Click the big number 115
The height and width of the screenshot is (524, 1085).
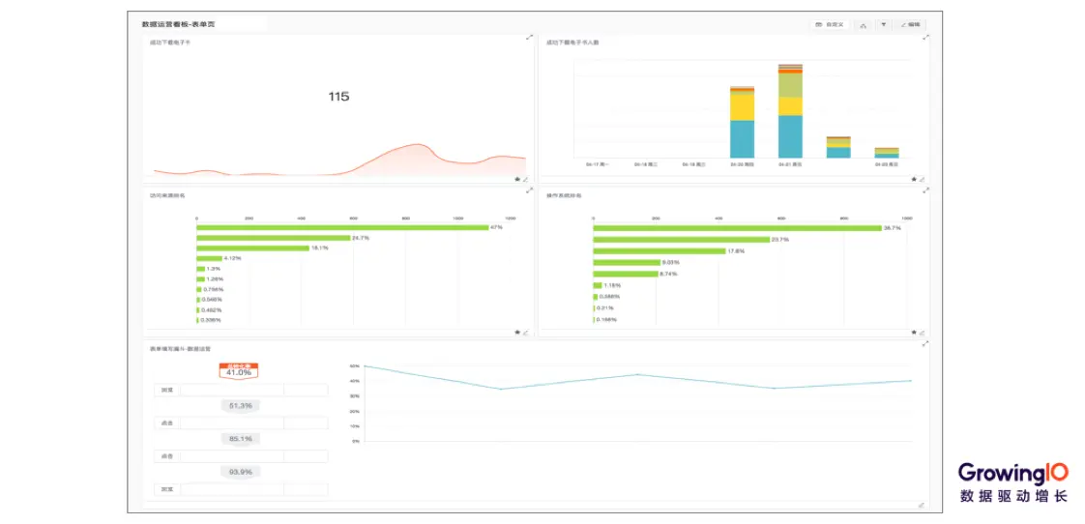(338, 97)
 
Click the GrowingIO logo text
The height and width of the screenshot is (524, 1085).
(1013, 473)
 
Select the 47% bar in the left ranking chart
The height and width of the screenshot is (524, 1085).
(342, 227)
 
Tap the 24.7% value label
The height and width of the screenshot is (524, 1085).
(360, 238)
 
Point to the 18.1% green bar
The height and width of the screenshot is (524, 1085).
(252, 248)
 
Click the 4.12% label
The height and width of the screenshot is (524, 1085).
(232, 258)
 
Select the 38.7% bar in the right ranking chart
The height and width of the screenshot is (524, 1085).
(737, 228)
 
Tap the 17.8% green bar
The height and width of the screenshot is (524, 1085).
(659, 251)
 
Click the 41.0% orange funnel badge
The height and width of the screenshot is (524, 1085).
(238, 371)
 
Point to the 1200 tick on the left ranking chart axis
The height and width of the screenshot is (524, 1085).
(511, 218)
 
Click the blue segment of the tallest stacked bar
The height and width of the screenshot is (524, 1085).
(790, 136)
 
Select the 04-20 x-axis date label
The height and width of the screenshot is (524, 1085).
(743, 164)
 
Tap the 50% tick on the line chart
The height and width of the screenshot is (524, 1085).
(355, 366)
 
